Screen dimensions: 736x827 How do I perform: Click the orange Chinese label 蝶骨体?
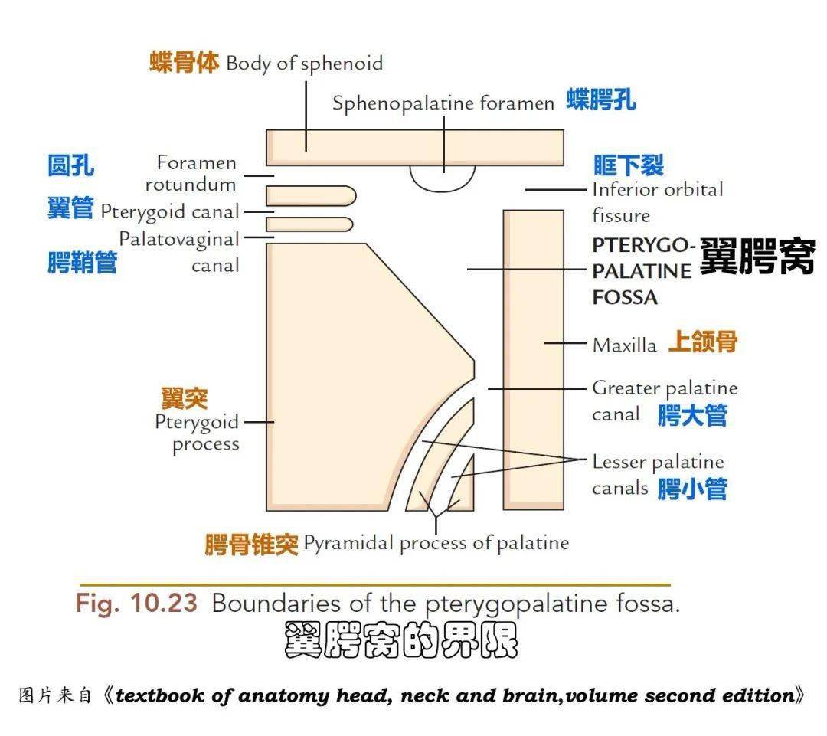[184, 63]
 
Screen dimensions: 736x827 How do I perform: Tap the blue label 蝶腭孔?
[601, 100]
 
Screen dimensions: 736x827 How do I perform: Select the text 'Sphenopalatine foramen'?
[443, 103]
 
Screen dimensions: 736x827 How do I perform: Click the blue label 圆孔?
[71, 165]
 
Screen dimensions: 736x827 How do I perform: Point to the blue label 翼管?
[70, 208]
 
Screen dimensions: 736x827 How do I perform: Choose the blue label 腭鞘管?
[83, 263]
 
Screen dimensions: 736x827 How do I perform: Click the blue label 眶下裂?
[629, 165]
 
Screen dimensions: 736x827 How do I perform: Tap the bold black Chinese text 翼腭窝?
[757, 257]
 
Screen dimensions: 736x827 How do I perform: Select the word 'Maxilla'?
[624, 345]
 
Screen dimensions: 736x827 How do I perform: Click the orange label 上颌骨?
[702, 342]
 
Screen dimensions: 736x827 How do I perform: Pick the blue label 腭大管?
[692, 416]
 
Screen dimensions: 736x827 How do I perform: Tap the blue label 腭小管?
[692, 489]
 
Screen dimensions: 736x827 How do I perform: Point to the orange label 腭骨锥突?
[251, 545]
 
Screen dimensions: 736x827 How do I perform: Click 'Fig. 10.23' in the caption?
[136, 604]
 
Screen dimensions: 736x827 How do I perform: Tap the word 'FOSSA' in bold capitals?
[625, 297]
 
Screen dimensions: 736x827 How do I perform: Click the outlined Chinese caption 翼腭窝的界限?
[400, 641]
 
